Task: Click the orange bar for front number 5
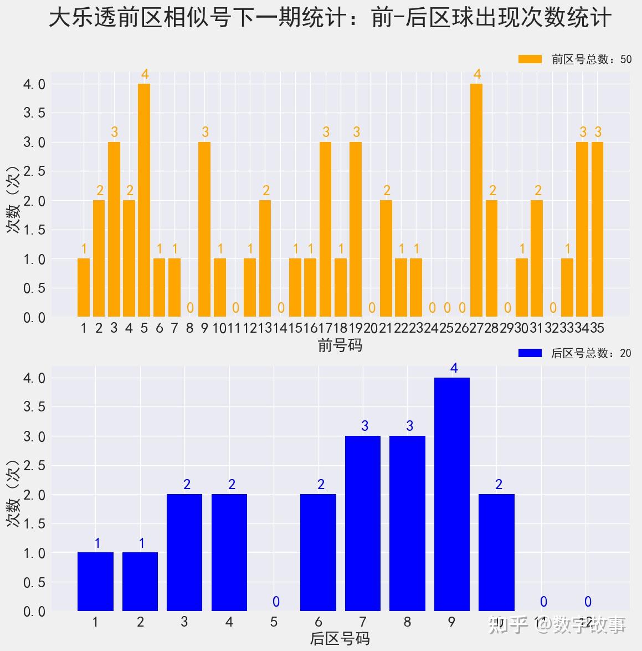tap(144, 200)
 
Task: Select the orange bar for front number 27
tap(476, 200)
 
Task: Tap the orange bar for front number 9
tap(204, 230)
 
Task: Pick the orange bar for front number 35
tap(597, 230)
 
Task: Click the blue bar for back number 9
tap(452, 494)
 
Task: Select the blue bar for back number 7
tap(363, 523)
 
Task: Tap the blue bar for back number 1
tap(95, 582)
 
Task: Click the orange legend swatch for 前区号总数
tap(530, 59)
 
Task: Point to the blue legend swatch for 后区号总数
tap(530, 353)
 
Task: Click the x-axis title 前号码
tap(340, 345)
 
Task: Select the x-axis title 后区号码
tap(340, 639)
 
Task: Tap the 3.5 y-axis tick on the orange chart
tap(34, 113)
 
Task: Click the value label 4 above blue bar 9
tap(454, 368)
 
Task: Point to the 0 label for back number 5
tap(276, 602)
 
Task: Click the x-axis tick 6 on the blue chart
tap(319, 622)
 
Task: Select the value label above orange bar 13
tap(266, 191)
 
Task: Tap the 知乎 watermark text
tap(507, 625)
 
